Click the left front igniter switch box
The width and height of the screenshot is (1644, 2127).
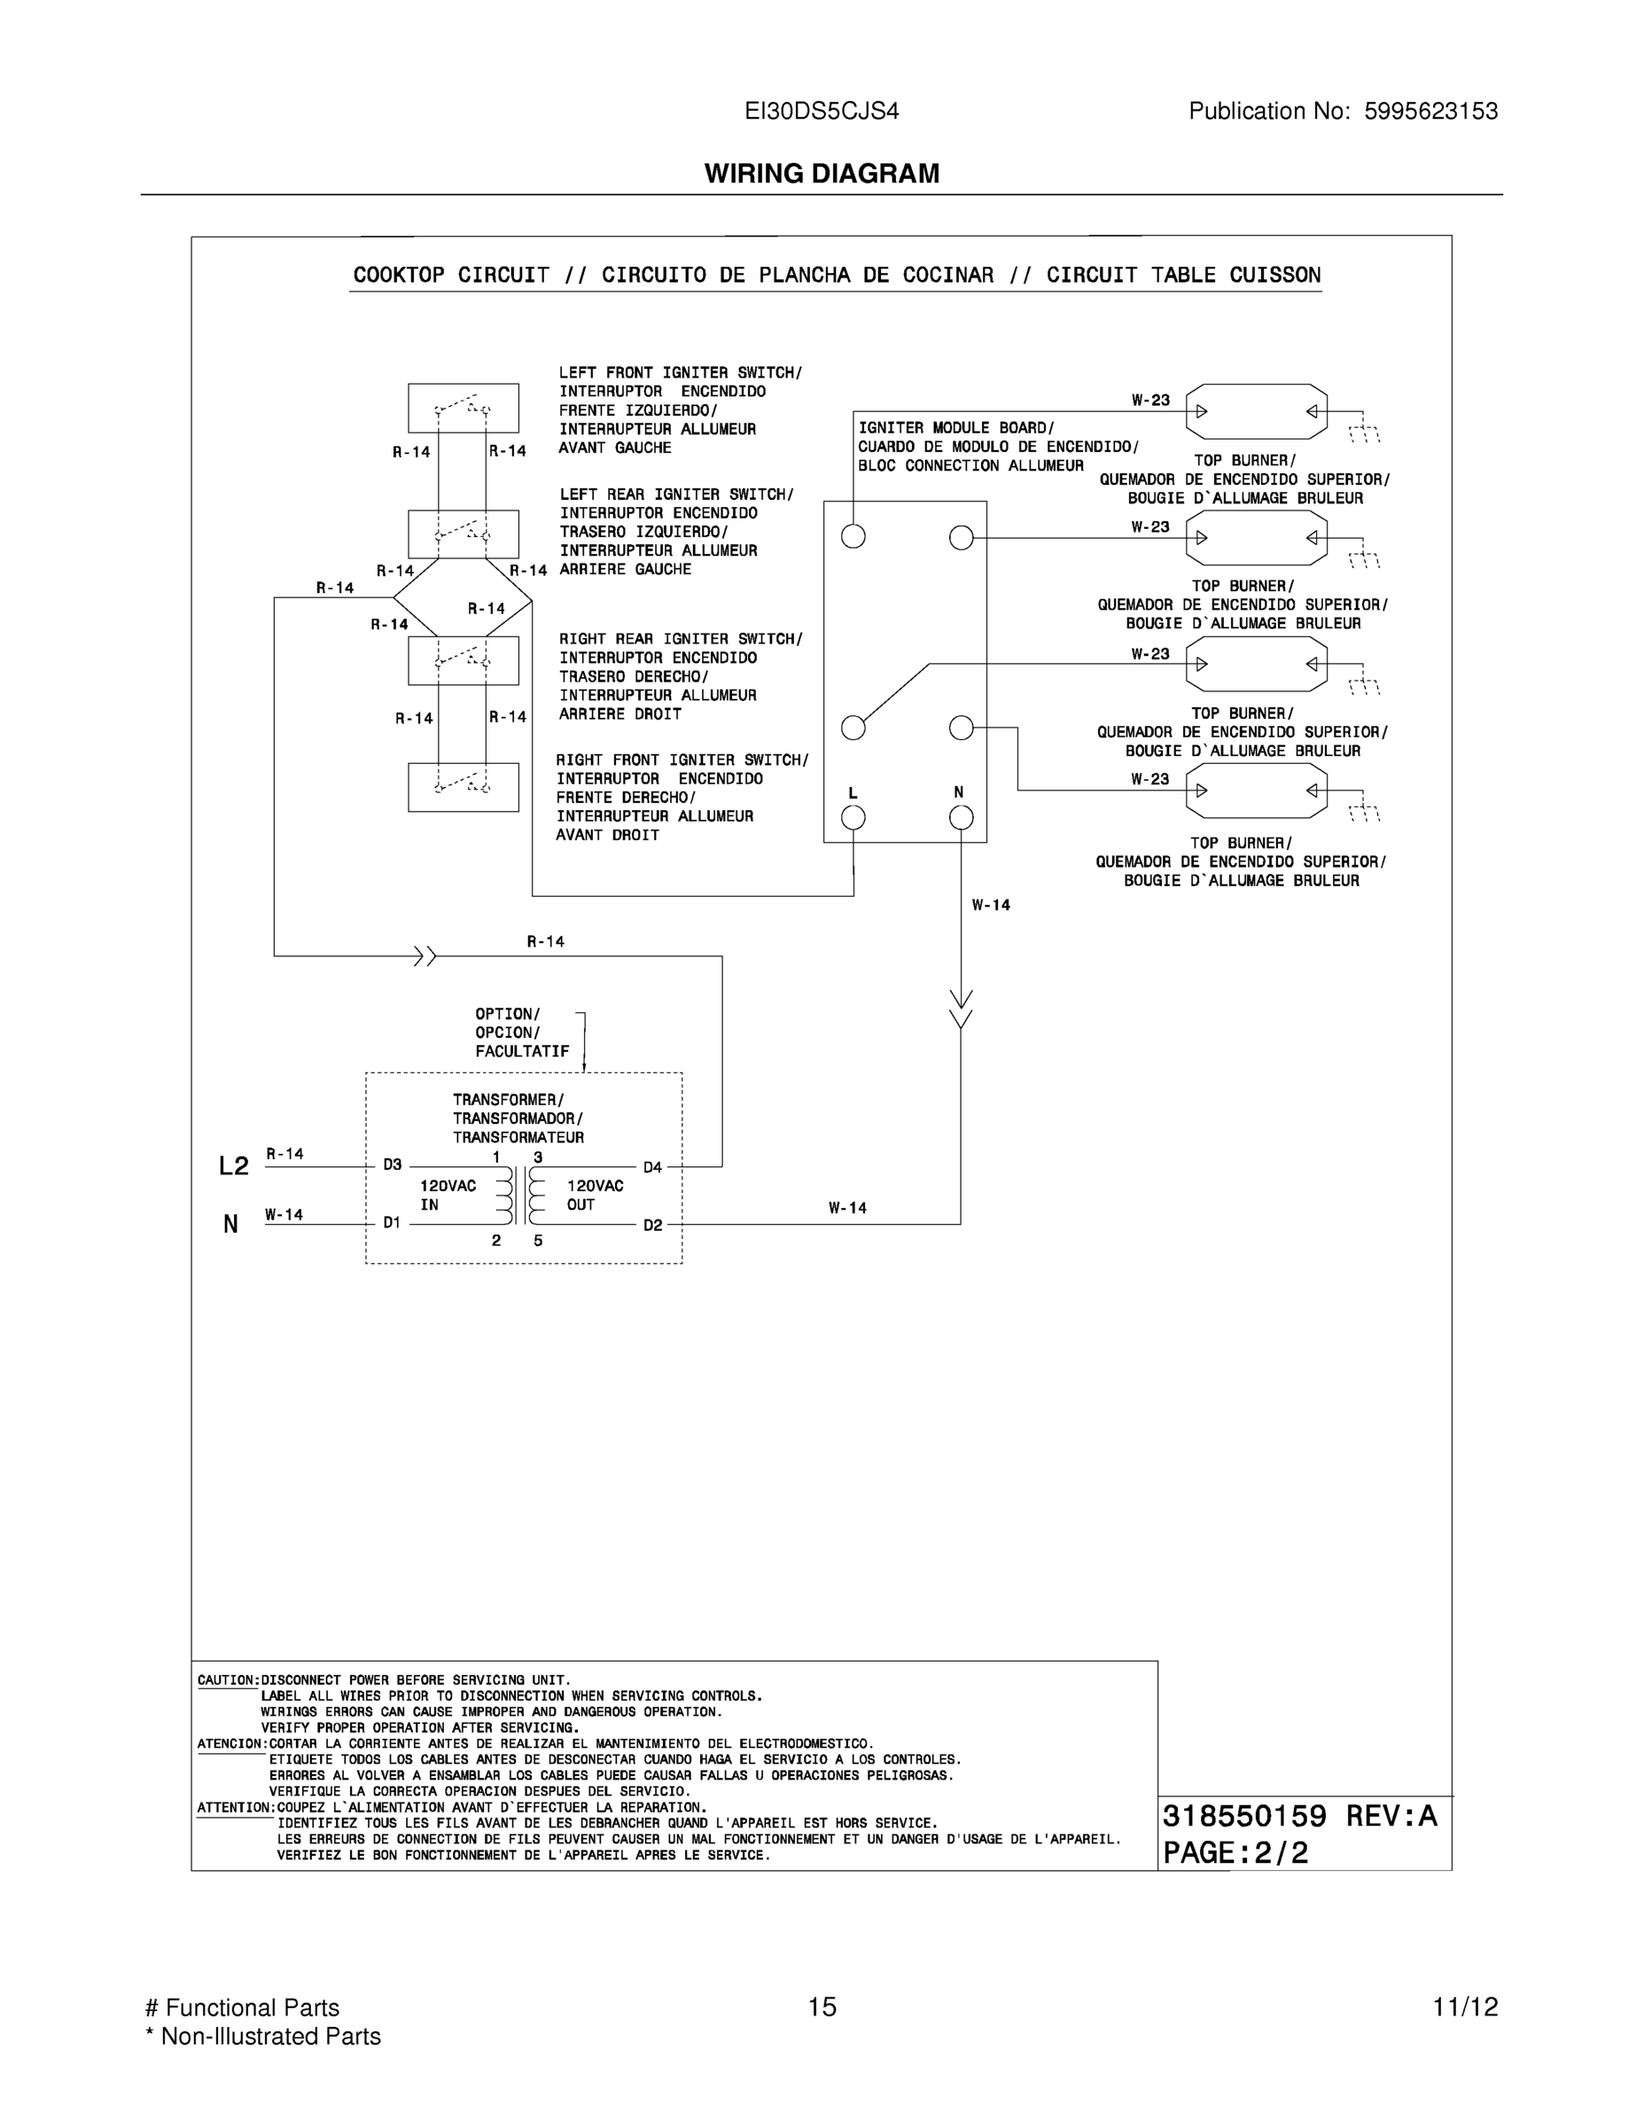463,408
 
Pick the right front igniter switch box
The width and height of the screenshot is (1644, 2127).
463,787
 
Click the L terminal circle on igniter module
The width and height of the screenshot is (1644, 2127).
853,818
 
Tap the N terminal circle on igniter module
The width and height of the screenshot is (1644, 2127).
961,818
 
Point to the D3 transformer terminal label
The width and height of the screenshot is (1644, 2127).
392,1165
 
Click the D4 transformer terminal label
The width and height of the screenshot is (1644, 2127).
652,1166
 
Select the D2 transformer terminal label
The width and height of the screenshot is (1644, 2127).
652,1225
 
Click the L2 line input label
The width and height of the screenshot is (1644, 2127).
234,1165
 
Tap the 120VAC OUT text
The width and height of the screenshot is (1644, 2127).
594,1195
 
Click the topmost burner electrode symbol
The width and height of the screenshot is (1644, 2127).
1257,411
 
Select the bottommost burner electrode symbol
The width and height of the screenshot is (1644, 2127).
1257,790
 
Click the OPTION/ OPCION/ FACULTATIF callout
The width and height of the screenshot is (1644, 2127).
521,1032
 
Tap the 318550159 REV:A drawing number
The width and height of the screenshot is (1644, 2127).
1299,1816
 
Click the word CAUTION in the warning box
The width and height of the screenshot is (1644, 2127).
227,1680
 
